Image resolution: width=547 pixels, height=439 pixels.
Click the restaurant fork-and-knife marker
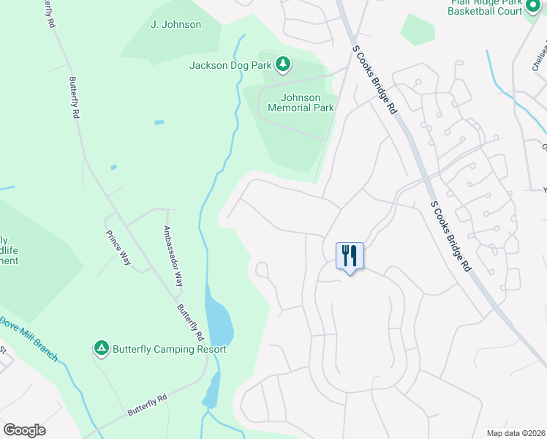(350, 256)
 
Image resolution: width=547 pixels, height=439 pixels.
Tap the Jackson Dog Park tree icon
(283, 65)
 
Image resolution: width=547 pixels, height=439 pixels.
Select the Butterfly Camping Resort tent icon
(101, 349)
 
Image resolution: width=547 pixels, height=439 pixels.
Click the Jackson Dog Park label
(230, 65)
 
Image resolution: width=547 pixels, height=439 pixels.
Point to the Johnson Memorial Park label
(301, 102)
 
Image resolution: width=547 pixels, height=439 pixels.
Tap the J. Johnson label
(176, 24)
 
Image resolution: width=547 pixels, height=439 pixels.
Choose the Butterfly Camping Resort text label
(169, 350)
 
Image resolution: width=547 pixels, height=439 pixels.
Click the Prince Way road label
(118, 248)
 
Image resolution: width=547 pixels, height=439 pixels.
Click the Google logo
(24, 430)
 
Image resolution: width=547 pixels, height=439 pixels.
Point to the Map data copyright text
(516, 433)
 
